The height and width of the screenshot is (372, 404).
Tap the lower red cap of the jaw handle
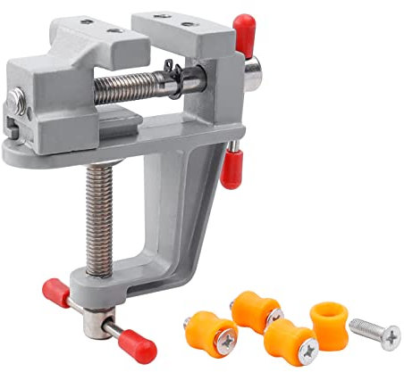[231, 169]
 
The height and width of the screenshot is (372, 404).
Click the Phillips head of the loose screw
[390, 336]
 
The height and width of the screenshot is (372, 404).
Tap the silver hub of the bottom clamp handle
[98, 317]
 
